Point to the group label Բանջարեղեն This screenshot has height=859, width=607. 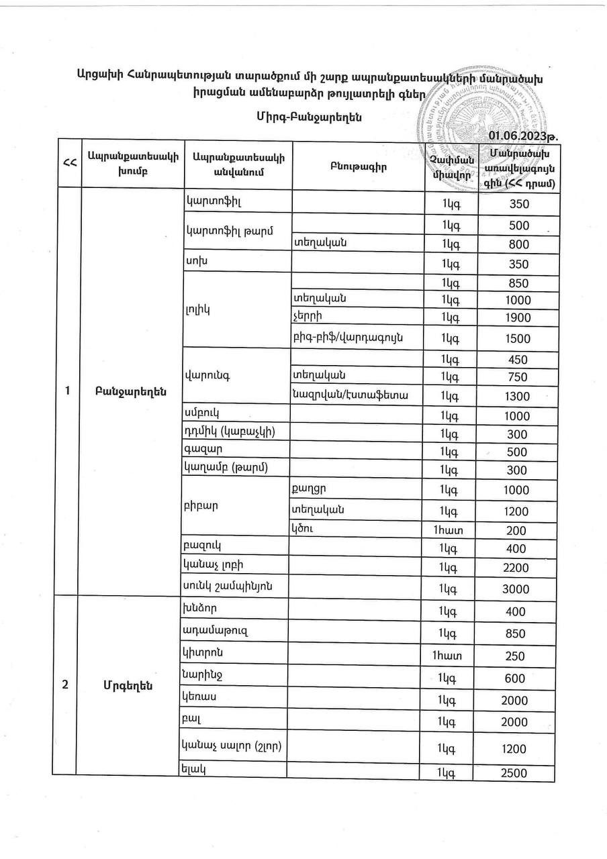coord(130,392)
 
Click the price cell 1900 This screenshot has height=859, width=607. coord(516,318)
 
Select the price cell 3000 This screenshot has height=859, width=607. coord(516,589)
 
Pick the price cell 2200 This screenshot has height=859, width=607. coord(516,568)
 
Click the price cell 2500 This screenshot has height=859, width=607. coord(516,773)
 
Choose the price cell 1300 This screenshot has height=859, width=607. coord(516,397)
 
